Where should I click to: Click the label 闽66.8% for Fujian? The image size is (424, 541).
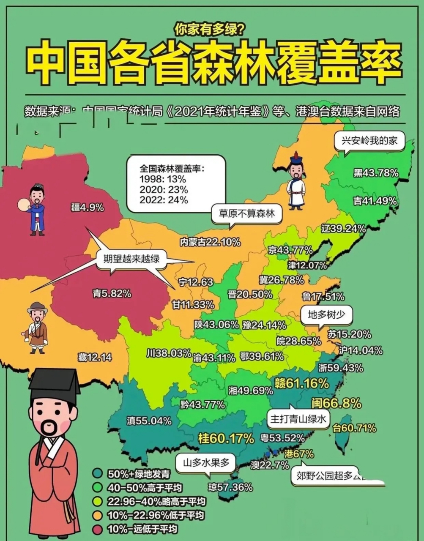(x=336, y=404)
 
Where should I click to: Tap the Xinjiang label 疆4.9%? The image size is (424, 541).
(x=88, y=207)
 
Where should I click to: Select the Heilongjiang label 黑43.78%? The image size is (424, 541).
(x=376, y=173)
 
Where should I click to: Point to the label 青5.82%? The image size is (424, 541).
(x=112, y=293)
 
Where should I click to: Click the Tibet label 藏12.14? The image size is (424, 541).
(x=95, y=357)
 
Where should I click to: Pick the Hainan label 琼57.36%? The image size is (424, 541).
(x=230, y=487)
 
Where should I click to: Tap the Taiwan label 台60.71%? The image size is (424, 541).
(x=354, y=428)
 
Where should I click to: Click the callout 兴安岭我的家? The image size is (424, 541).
(x=369, y=141)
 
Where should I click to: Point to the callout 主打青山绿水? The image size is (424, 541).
(x=298, y=419)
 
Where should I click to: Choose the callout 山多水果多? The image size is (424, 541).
(x=206, y=463)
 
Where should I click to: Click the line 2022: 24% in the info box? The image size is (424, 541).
(x=164, y=200)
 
